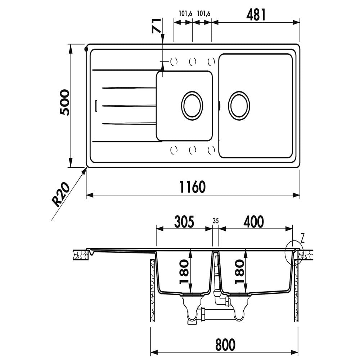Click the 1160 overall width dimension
point(193,187)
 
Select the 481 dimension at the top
point(256,15)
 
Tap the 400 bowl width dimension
point(253,221)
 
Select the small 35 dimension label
point(216,220)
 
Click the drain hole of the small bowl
point(192,105)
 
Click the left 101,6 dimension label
point(185,14)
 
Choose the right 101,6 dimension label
point(203,14)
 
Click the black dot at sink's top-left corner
point(86,49)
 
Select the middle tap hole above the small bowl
point(193,62)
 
